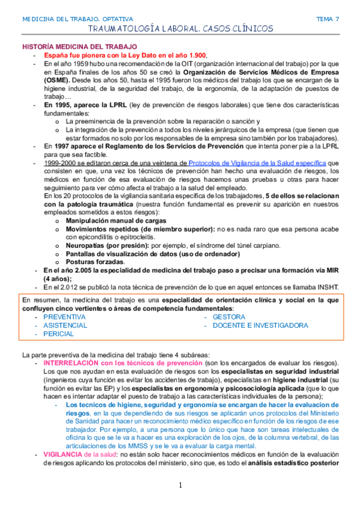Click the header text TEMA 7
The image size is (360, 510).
pos(328,19)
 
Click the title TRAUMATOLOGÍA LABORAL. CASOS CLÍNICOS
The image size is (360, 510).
pos(180,29)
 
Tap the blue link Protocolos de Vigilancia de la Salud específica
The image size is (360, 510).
pos(257,163)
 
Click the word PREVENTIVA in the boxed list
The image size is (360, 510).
pos(64,316)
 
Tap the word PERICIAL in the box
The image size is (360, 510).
pos(59,333)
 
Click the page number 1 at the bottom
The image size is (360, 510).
pos(180,485)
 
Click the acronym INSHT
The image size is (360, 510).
pos(326,286)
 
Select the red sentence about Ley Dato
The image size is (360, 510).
pos(125,55)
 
